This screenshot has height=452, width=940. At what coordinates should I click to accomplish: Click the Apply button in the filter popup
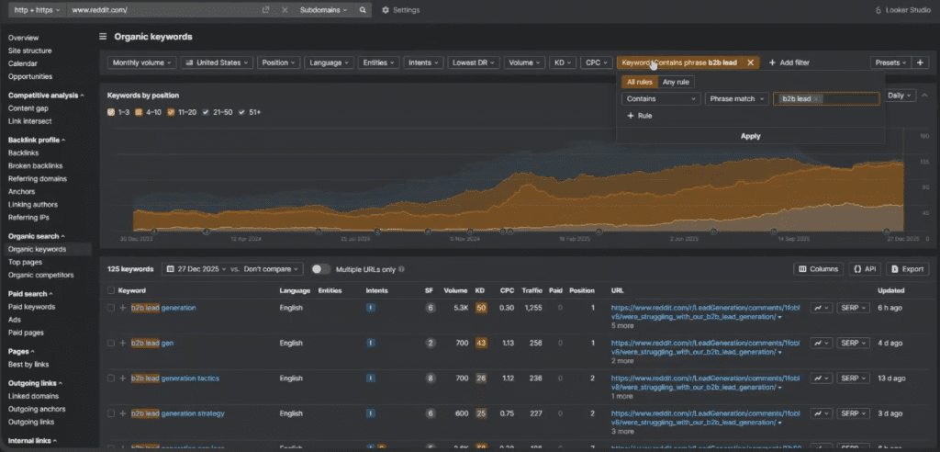[x=750, y=136]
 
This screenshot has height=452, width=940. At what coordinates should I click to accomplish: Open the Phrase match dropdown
[x=737, y=98]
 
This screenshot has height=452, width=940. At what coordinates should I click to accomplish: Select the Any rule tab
[x=676, y=82]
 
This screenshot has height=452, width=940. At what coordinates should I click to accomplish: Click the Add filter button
[x=789, y=62]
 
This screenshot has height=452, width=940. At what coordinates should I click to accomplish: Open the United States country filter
[x=217, y=62]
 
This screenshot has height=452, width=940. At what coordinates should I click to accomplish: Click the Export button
[x=907, y=269]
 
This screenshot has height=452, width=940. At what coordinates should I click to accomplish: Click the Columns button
[x=819, y=269]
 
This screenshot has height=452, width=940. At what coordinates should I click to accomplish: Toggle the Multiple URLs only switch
[x=320, y=269]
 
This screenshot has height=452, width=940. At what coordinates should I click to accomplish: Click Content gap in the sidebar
[x=29, y=107]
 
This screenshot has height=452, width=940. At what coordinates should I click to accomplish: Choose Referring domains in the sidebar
[x=37, y=178]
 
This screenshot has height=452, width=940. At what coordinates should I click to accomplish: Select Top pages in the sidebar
[x=26, y=262]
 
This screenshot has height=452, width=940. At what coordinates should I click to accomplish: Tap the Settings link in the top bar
[x=400, y=10]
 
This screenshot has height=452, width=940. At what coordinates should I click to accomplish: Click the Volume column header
[x=455, y=290]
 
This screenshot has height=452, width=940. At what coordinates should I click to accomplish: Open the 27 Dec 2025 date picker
[x=196, y=269]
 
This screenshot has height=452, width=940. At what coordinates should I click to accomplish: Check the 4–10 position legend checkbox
[x=137, y=112]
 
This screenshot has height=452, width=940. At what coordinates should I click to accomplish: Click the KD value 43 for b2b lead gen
[x=481, y=343]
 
